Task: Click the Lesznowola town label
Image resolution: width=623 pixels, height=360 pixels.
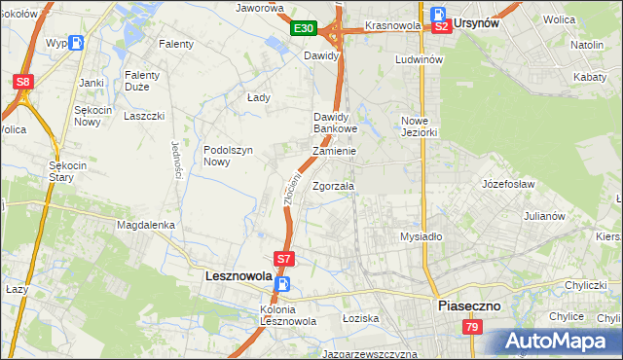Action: pos(238,276)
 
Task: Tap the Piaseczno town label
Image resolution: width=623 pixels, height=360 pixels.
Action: pos(468,305)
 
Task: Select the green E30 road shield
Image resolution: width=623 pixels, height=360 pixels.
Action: pos(302,29)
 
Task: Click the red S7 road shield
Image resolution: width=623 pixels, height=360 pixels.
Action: pos(283,260)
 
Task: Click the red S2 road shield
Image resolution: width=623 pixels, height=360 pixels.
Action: pos(442,26)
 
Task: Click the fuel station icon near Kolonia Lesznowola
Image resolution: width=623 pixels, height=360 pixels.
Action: pos(282,284)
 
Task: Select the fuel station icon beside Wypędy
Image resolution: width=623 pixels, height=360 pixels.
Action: pos(77,44)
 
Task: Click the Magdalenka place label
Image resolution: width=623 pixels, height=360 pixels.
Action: pos(145,225)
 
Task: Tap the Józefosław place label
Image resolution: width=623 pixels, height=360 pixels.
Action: pos(509,182)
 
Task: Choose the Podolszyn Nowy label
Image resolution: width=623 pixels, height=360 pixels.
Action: pos(229,156)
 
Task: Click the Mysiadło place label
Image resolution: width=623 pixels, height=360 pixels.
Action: pos(421,236)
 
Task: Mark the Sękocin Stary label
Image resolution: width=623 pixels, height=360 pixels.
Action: pos(68,171)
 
